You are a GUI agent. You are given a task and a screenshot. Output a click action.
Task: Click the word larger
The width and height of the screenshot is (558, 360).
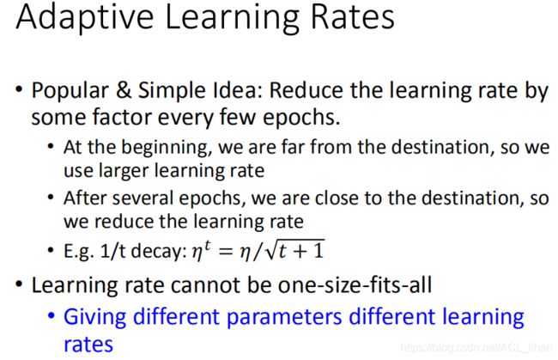point(124,171)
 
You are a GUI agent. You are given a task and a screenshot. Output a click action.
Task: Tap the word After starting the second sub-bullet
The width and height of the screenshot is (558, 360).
point(85,198)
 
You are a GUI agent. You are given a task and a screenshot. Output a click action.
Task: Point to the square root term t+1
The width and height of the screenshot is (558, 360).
point(295,250)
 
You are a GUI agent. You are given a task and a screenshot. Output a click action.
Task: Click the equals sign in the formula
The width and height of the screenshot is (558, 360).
point(225,251)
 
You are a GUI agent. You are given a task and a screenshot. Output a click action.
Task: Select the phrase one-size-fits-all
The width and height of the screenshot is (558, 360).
point(355,285)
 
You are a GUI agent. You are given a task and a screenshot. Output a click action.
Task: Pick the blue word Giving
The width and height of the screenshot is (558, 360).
point(95,317)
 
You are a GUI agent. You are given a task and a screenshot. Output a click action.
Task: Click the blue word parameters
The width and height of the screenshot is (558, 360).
point(284,317)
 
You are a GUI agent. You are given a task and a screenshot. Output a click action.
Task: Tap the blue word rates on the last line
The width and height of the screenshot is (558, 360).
point(88,345)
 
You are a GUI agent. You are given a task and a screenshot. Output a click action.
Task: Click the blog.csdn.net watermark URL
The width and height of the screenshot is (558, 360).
point(476,347)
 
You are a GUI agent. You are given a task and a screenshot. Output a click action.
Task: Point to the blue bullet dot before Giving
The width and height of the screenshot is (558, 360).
point(52,315)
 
